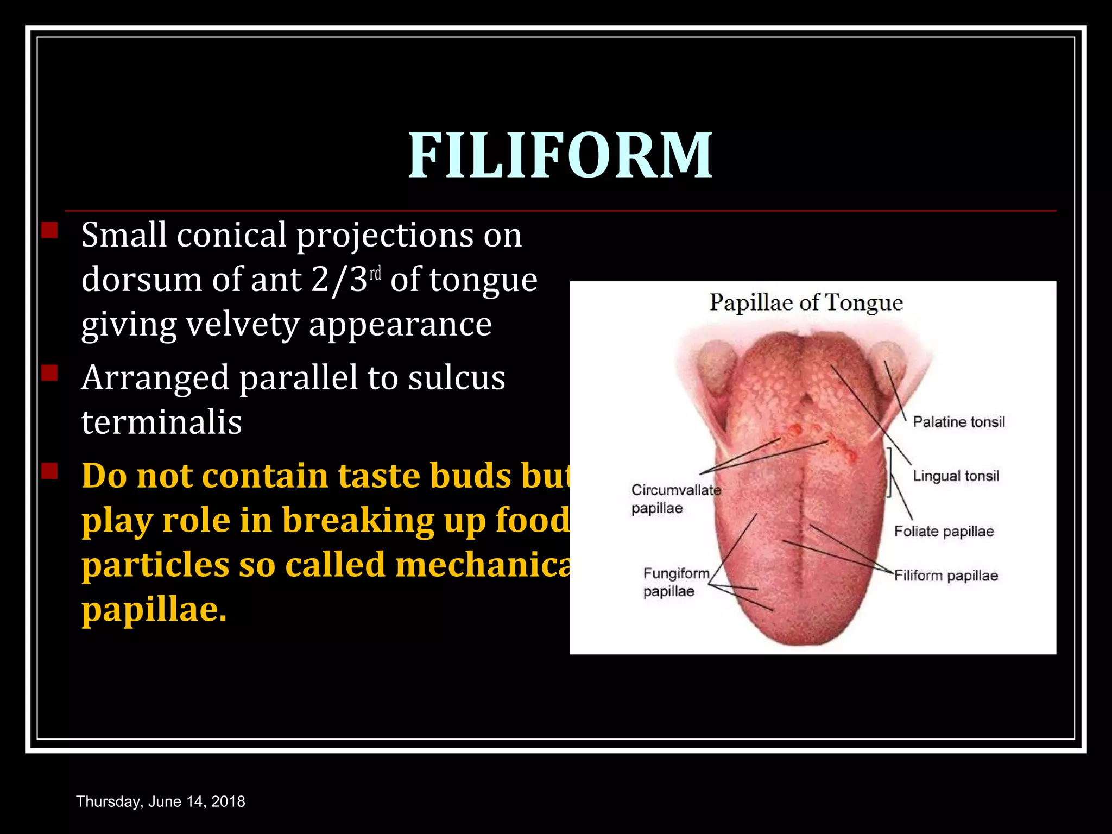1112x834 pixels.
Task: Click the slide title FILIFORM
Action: point(560,155)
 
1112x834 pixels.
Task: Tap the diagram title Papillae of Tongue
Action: point(806,303)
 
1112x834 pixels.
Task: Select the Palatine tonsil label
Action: point(958,422)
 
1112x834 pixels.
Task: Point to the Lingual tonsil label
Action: point(956,476)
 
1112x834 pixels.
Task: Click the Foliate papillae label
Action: point(944,531)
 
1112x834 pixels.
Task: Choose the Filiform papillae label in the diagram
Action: point(946,576)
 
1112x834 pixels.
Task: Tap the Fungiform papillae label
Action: point(675,582)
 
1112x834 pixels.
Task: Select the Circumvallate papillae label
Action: point(675,499)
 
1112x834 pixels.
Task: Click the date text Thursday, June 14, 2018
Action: point(161,801)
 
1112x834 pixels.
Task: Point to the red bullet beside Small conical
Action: point(49,230)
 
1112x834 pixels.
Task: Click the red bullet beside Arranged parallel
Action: point(49,373)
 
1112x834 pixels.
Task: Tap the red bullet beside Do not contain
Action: point(49,471)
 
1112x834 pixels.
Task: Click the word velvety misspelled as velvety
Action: point(243,325)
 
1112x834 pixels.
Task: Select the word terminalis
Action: point(161,422)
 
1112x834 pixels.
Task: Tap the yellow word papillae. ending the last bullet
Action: point(154,610)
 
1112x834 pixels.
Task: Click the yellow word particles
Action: point(155,566)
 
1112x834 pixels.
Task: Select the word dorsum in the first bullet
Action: point(142,280)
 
